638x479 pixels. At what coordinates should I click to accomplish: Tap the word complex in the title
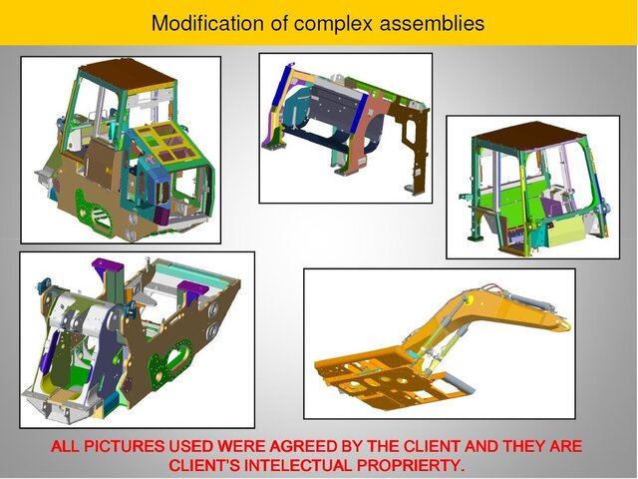click(335, 22)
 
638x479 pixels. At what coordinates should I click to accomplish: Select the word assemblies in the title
click(433, 22)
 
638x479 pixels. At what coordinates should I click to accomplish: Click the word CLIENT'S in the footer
click(206, 465)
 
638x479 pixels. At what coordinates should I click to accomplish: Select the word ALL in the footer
click(68, 446)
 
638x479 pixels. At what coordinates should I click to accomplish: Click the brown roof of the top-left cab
click(119, 70)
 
